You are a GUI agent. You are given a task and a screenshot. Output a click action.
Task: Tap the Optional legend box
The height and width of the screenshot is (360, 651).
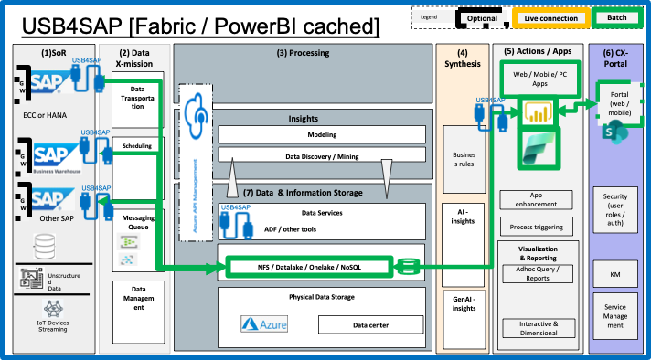(x=482, y=17)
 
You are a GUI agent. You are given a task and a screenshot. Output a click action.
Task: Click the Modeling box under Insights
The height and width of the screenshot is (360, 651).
(x=322, y=134)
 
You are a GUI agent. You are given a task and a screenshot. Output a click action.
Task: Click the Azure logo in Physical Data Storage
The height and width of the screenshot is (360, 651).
(x=264, y=323)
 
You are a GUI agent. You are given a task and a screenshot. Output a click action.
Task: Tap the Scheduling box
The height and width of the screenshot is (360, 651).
(x=137, y=145)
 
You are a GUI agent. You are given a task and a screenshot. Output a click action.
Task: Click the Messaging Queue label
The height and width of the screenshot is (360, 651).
(x=137, y=223)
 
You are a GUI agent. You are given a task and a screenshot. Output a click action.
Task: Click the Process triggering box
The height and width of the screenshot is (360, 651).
(x=537, y=226)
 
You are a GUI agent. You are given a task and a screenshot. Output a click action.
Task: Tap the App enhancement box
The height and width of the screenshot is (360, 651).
(x=537, y=198)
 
